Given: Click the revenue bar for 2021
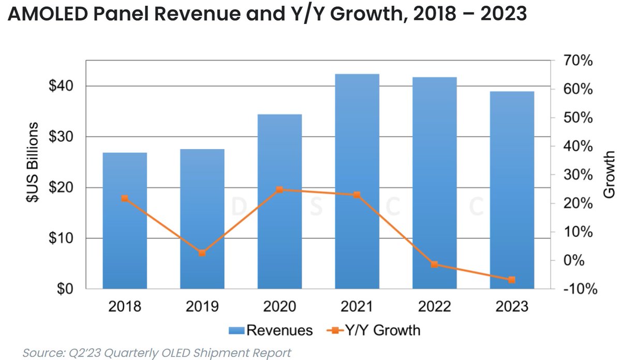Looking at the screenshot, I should click(357, 181).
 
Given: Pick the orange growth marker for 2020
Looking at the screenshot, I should click(279, 190).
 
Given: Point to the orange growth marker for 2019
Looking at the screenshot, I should click(202, 253).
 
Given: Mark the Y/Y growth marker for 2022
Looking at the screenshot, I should click(434, 264).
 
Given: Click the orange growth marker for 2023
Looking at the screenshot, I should click(512, 280).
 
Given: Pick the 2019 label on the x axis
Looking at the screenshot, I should click(202, 307).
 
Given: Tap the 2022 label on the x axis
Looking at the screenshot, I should click(434, 307).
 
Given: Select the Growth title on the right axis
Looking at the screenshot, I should click(610, 174).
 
